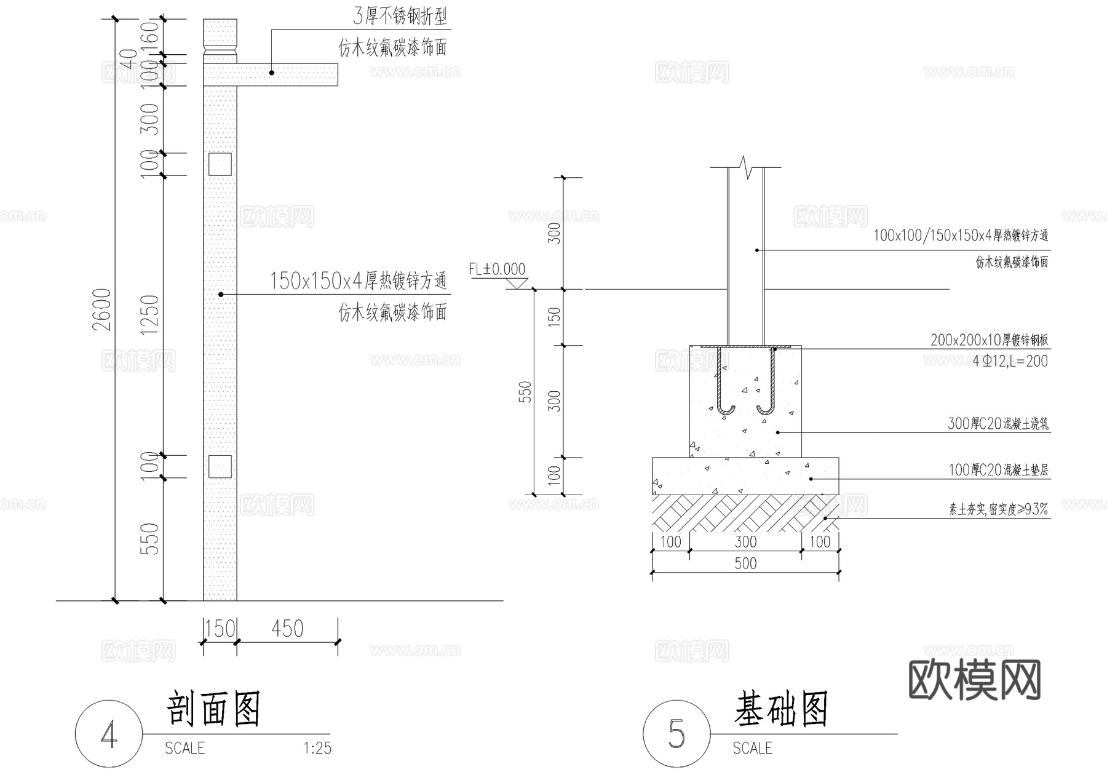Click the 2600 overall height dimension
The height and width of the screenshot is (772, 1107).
coord(102,309)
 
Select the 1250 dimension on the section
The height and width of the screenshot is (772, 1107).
coord(149,315)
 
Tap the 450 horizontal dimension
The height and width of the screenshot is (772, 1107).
coord(287,629)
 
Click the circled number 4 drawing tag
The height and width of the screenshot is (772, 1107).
coord(109,734)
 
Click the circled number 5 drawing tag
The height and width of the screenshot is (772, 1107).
coord(676,734)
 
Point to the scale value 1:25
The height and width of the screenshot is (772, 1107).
coord(317,749)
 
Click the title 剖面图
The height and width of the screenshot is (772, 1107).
coord(214,709)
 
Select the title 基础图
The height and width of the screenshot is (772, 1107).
coord(781,709)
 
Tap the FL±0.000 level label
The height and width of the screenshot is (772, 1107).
coord(497,269)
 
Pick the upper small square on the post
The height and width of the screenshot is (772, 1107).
coord(220,164)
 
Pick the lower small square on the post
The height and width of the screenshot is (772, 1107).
coord(220,466)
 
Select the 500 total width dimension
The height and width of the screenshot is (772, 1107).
coord(745,563)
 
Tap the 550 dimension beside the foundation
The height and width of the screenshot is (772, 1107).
coord(525,392)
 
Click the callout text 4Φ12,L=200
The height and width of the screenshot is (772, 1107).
coord(1010,361)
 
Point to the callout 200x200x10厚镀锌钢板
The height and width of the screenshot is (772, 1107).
coord(989,340)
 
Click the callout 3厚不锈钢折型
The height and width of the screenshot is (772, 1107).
coord(400,17)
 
